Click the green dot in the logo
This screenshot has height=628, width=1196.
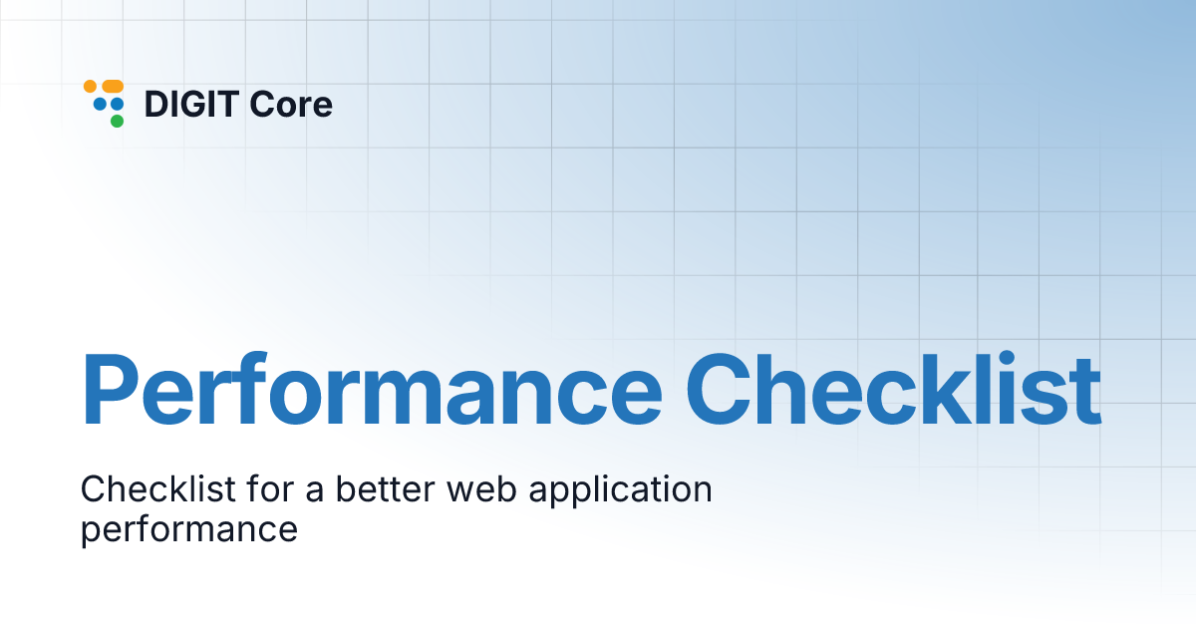click(x=117, y=122)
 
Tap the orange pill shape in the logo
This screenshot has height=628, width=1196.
click(x=112, y=87)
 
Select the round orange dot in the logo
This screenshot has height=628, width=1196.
click(x=90, y=87)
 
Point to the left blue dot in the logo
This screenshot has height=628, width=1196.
click(x=100, y=104)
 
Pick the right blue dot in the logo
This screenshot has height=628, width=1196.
click(x=117, y=104)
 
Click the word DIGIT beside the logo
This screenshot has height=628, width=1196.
click(x=191, y=104)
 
